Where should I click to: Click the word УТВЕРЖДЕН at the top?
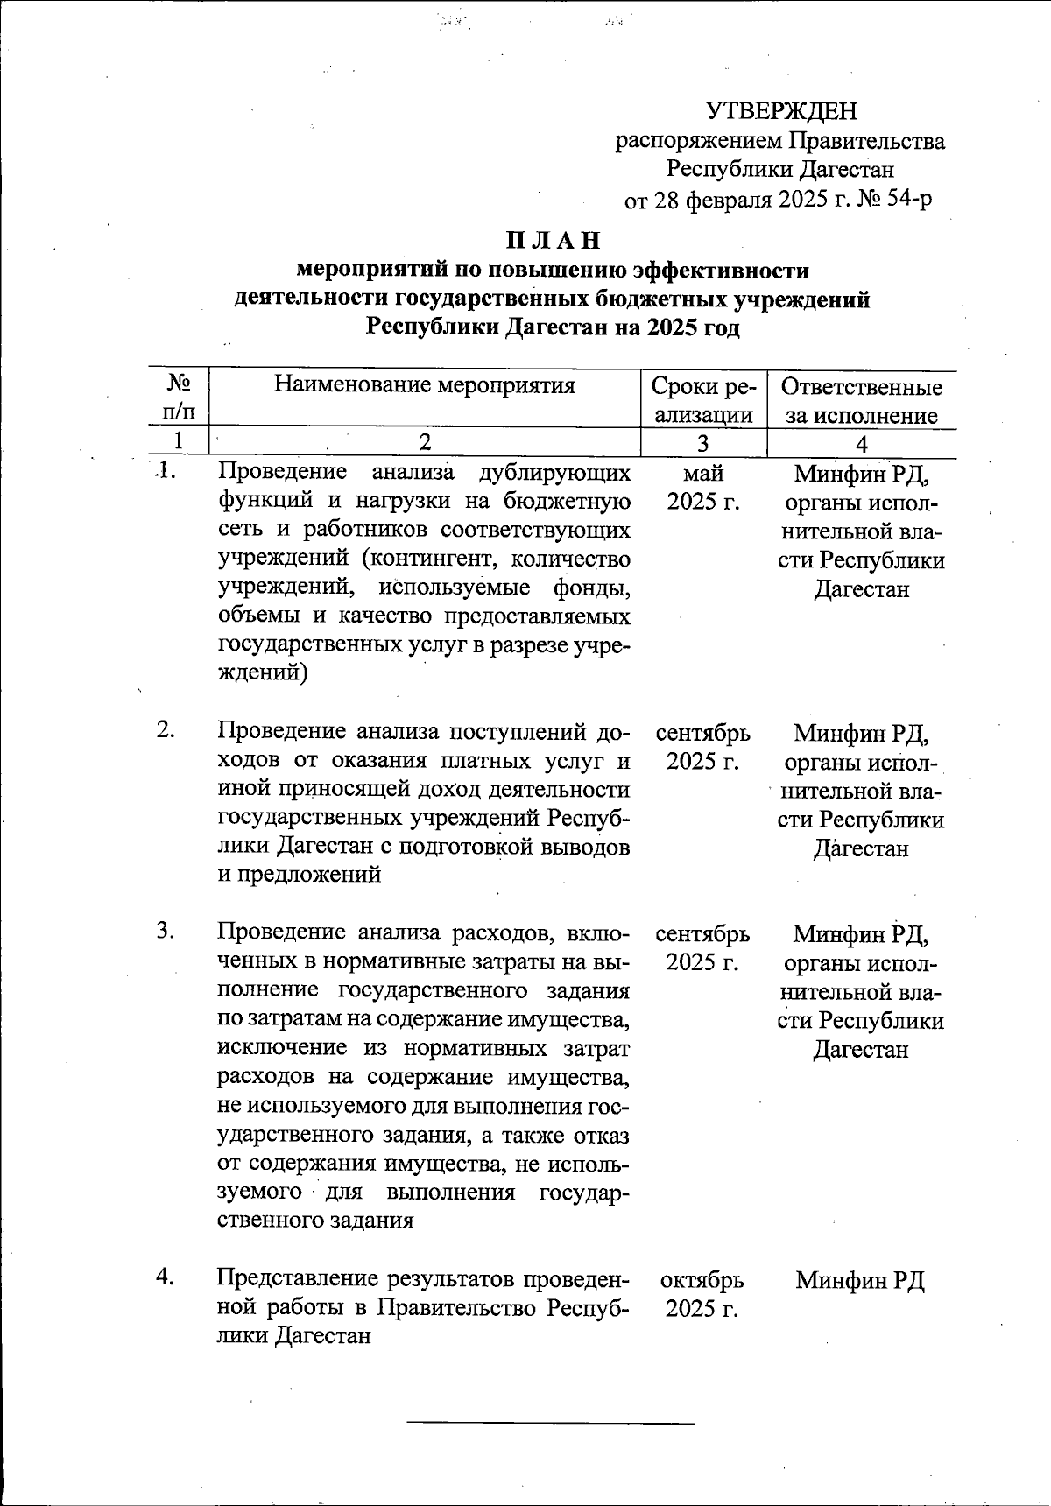coord(781,111)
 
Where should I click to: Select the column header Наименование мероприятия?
coord(424,384)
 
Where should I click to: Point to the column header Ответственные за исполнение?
coord(861,400)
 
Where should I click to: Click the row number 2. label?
coord(166,730)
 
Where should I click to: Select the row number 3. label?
coord(166,931)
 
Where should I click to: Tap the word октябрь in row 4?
coord(702,1279)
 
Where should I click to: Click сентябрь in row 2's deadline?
coord(702,732)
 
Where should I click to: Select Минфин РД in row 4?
coord(860,1280)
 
